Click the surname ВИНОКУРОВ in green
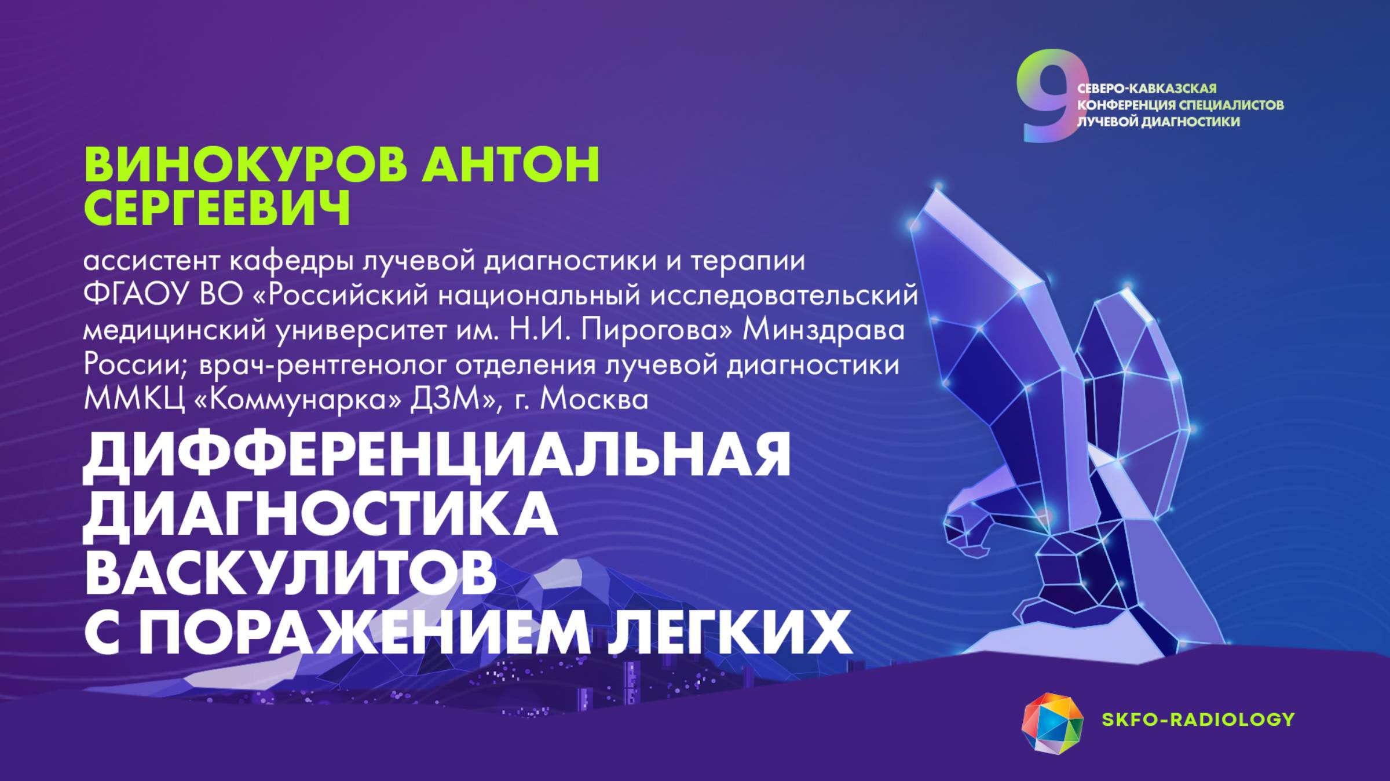coord(246,165)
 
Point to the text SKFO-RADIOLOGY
coord(1198,720)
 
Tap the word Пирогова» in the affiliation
coord(657,330)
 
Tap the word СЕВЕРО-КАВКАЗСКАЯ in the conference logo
coord(1147,89)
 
